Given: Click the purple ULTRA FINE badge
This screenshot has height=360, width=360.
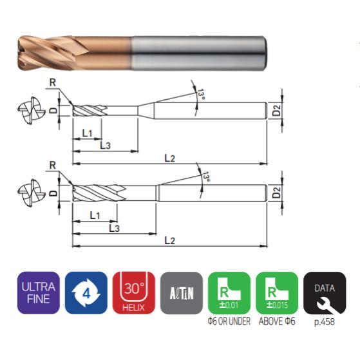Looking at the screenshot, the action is click(x=39, y=293).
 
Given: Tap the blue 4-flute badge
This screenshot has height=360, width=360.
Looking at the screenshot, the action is click(x=86, y=293).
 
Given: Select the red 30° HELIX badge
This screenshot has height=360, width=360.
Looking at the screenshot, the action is click(x=134, y=293).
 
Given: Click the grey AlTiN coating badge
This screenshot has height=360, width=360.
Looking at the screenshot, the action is click(x=182, y=293).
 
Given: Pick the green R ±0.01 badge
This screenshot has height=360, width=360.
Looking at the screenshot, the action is click(x=229, y=293).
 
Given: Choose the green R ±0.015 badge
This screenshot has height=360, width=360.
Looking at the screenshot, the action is click(x=277, y=293).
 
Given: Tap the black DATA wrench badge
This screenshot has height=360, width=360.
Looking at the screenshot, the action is click(x=325, y=293).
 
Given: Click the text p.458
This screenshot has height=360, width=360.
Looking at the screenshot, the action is click(x=325, y=321).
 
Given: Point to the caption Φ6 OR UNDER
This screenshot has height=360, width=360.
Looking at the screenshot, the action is click(x=229, y=321).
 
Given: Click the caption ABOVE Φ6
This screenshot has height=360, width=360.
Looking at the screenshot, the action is click(x=277, y=321).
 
